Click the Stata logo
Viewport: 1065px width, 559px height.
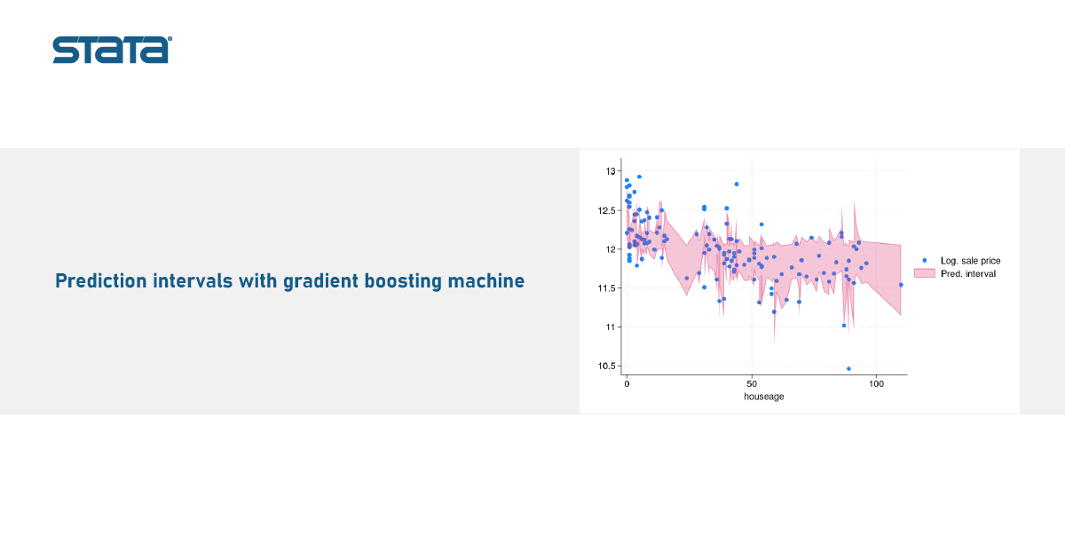tap(112, 50)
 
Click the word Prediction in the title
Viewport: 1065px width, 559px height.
tap(100, 281)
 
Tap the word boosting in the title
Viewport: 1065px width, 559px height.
tap(403, 281)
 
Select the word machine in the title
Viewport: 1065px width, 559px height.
tap(486, 281)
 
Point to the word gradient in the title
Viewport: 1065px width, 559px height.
tap(321, 281)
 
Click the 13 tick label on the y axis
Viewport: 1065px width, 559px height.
tap(611, 171)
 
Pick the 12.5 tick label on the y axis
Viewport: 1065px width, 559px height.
tap(607, 210)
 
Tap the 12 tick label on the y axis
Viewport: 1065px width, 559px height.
tap(611, 249)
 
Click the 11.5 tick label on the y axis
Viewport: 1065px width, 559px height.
tap(607, 288)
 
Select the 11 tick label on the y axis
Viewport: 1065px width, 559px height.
tap(611, 327)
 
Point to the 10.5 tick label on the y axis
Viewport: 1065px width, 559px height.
tap(607, 366)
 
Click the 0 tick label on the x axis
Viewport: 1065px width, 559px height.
tap(627, 384)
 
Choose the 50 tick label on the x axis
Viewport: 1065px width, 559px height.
tap(752, 384)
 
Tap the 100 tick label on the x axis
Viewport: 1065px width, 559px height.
tap(876, 384)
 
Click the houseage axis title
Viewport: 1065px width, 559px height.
tap(763, 397)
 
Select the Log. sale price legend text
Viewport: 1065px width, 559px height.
tap(970, 261)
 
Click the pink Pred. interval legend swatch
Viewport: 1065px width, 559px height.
tap(924, 273)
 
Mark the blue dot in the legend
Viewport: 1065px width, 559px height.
tap(924, 261)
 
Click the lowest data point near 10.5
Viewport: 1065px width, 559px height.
tap(848, 369)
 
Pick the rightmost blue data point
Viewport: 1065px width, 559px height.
tap(901, 285)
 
